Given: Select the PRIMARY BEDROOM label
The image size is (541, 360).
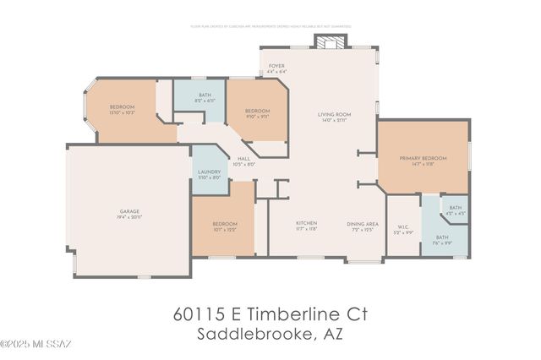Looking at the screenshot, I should [423, 161].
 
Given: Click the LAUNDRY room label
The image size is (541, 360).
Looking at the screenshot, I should [209, 173].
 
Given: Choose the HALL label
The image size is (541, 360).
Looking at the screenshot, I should [243, 161].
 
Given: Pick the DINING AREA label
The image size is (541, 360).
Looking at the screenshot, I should [362, 226].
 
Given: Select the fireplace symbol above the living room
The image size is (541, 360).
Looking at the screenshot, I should [326, 41].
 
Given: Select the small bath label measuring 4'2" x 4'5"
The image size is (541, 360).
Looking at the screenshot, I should [455, 210].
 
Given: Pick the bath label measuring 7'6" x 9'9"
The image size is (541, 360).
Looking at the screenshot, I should [442, 239].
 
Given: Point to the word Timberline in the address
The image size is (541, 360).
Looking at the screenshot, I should [287, 314].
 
